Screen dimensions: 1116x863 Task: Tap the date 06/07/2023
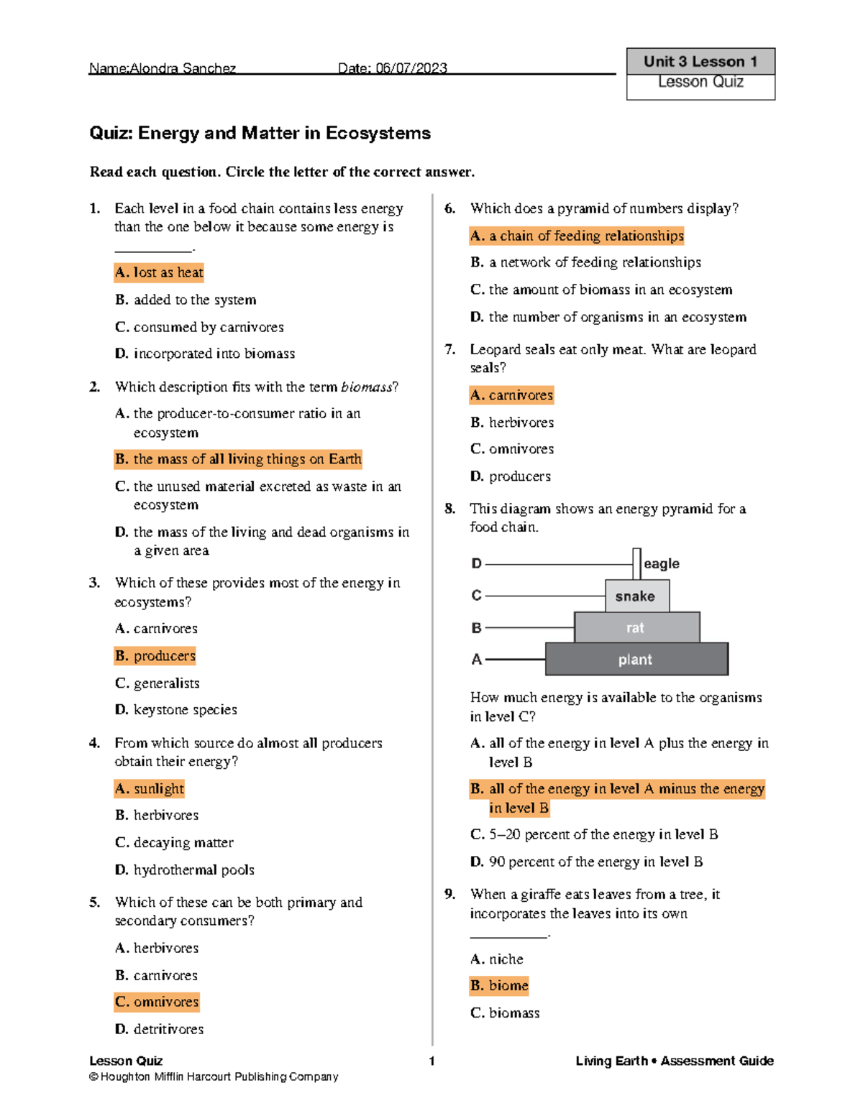point(411,68)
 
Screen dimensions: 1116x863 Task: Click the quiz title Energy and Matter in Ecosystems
point(260,133)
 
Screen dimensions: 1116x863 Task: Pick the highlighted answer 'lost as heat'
point(159,272)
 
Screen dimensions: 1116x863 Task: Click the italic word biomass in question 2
point(367,387)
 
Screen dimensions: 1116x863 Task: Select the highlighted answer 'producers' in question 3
point(155,656)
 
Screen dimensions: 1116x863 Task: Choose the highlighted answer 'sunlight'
point(150,789)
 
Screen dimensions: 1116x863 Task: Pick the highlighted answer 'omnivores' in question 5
point(157,1002)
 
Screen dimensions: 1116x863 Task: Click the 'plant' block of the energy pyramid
point(636,660)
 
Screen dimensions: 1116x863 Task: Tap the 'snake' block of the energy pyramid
point(636,596)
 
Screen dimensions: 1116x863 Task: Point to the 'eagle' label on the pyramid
point(661,564)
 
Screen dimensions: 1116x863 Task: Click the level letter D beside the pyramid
point(476,564)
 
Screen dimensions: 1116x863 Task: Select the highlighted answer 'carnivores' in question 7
point(511,395)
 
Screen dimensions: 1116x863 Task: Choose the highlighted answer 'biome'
point(499,986)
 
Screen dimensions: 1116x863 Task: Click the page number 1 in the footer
point(431,1061)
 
